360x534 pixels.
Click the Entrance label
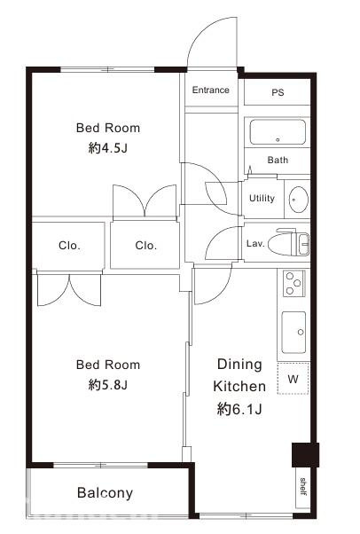pyautogui.click(x=210, y=90)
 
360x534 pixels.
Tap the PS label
pyautogui.click(x=278, y=92)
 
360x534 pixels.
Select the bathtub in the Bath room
pyautogui.click(x=278, y=132)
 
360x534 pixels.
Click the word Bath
pyautogui.click(x=278, y=160)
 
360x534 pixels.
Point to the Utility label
pyautogui.click(x=262, y=198)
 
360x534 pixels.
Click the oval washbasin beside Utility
pyautogui.click(x=298, y=200)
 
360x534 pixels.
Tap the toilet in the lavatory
pyautogui.click(x=288, y=241)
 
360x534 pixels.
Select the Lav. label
pyautogui.click(x=255, y=244)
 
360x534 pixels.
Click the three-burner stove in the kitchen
pyautogui.click(x=293, y=283)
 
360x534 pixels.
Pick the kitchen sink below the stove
pyautogui.click(x=293, y=333)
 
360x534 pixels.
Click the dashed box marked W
pyautogui.click(x=293, y=379)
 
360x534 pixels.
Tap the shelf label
pyautogui.click(x=303, y=487)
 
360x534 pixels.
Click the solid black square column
pyautogui.click(x=305, y=455)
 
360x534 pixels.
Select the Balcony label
pyautogui.click(x=105, y=493)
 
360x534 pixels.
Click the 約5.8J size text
pyautogui.click(x=107, y=385)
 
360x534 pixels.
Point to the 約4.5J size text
pyautogui.click(x=107, y=148)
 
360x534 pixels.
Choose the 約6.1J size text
pyautogui.click(x=239, y=409)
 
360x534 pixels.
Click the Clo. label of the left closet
pyautogui.click(x=69, y=245)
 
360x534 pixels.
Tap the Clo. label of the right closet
pyautogui.click(x=145, y=245)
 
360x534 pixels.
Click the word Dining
pyautogui.click(x=239, y=364)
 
